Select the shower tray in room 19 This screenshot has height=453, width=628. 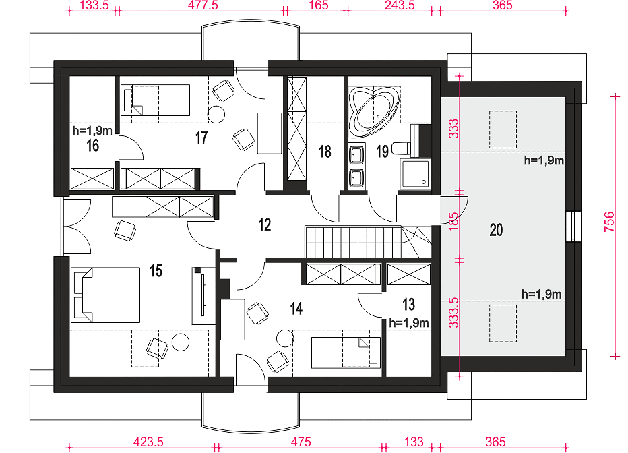415,173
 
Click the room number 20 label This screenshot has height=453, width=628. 496,230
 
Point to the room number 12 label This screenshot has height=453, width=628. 265,224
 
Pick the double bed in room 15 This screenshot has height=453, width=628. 105,295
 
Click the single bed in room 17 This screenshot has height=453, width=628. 156,100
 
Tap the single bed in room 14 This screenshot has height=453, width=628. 346,353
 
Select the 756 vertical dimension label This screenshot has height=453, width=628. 608,221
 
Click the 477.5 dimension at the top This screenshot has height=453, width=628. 203,5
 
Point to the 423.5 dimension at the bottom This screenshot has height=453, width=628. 148,442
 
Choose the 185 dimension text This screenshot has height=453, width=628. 453,222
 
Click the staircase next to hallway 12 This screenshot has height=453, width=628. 369,242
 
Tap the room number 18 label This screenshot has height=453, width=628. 325,152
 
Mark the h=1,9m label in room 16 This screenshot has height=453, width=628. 92,131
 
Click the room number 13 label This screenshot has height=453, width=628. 408,305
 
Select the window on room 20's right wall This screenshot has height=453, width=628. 573,227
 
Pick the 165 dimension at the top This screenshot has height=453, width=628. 319,5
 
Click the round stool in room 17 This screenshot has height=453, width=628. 217,114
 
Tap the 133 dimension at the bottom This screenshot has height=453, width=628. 414,442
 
